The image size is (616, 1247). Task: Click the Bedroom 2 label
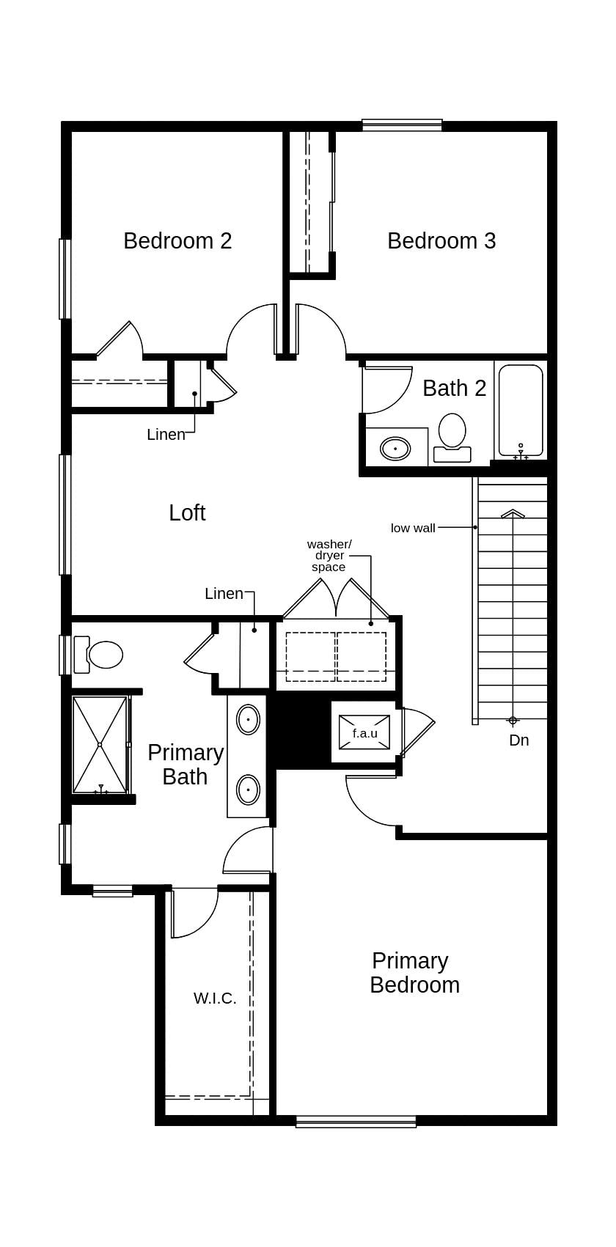[x=177, y=240]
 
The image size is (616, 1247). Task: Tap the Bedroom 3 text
[x=441, y=240]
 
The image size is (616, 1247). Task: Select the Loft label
[x=187, y=512]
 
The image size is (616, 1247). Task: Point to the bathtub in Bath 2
[x=521, y=410]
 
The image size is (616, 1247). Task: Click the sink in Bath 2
[x=395, y=448]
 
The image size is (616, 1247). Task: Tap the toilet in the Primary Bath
[x=100, y=655]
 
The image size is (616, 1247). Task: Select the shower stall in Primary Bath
[x=100, y=744]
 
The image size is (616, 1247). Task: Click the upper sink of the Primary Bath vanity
[x=248, y=720]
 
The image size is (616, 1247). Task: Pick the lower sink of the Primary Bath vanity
[x=248, y=790]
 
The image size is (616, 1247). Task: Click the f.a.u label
[x=364, y=733]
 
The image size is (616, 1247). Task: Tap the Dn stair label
[x=519, y=740]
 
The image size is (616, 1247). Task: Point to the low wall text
[x=413, y=528]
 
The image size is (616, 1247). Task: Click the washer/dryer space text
[x=329, y=555]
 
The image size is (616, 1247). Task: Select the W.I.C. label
[x=215, y=998]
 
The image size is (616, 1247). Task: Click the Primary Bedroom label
[x=414, y=973]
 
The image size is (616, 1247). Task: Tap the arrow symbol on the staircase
[x=513, y=514]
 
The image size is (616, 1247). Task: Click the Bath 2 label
[x=455, y=388]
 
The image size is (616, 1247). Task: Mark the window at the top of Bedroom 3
[x=402, y=125]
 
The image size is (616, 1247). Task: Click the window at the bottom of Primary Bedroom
[x=356, y=1121]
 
